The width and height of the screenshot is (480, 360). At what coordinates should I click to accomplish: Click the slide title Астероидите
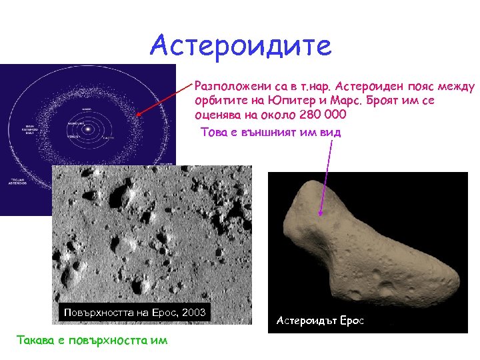point(240,45)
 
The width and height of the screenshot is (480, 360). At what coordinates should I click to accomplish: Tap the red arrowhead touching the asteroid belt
point(138,115)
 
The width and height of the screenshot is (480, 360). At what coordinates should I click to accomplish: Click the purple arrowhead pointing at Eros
point(321,213)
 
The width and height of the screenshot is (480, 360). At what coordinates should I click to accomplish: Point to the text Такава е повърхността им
point(92,340)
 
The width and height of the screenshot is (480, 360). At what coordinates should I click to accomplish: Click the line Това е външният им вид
point(271,132)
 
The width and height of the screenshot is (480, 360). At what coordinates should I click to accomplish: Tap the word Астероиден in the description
point(373,86)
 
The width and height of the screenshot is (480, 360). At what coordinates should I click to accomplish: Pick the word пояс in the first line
point(426,86)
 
